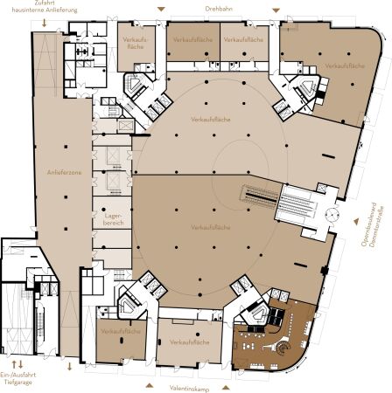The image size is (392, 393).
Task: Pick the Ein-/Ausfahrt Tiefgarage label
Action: click(x=18, y=375)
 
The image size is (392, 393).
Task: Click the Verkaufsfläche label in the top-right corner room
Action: click(x=343, y=66)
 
